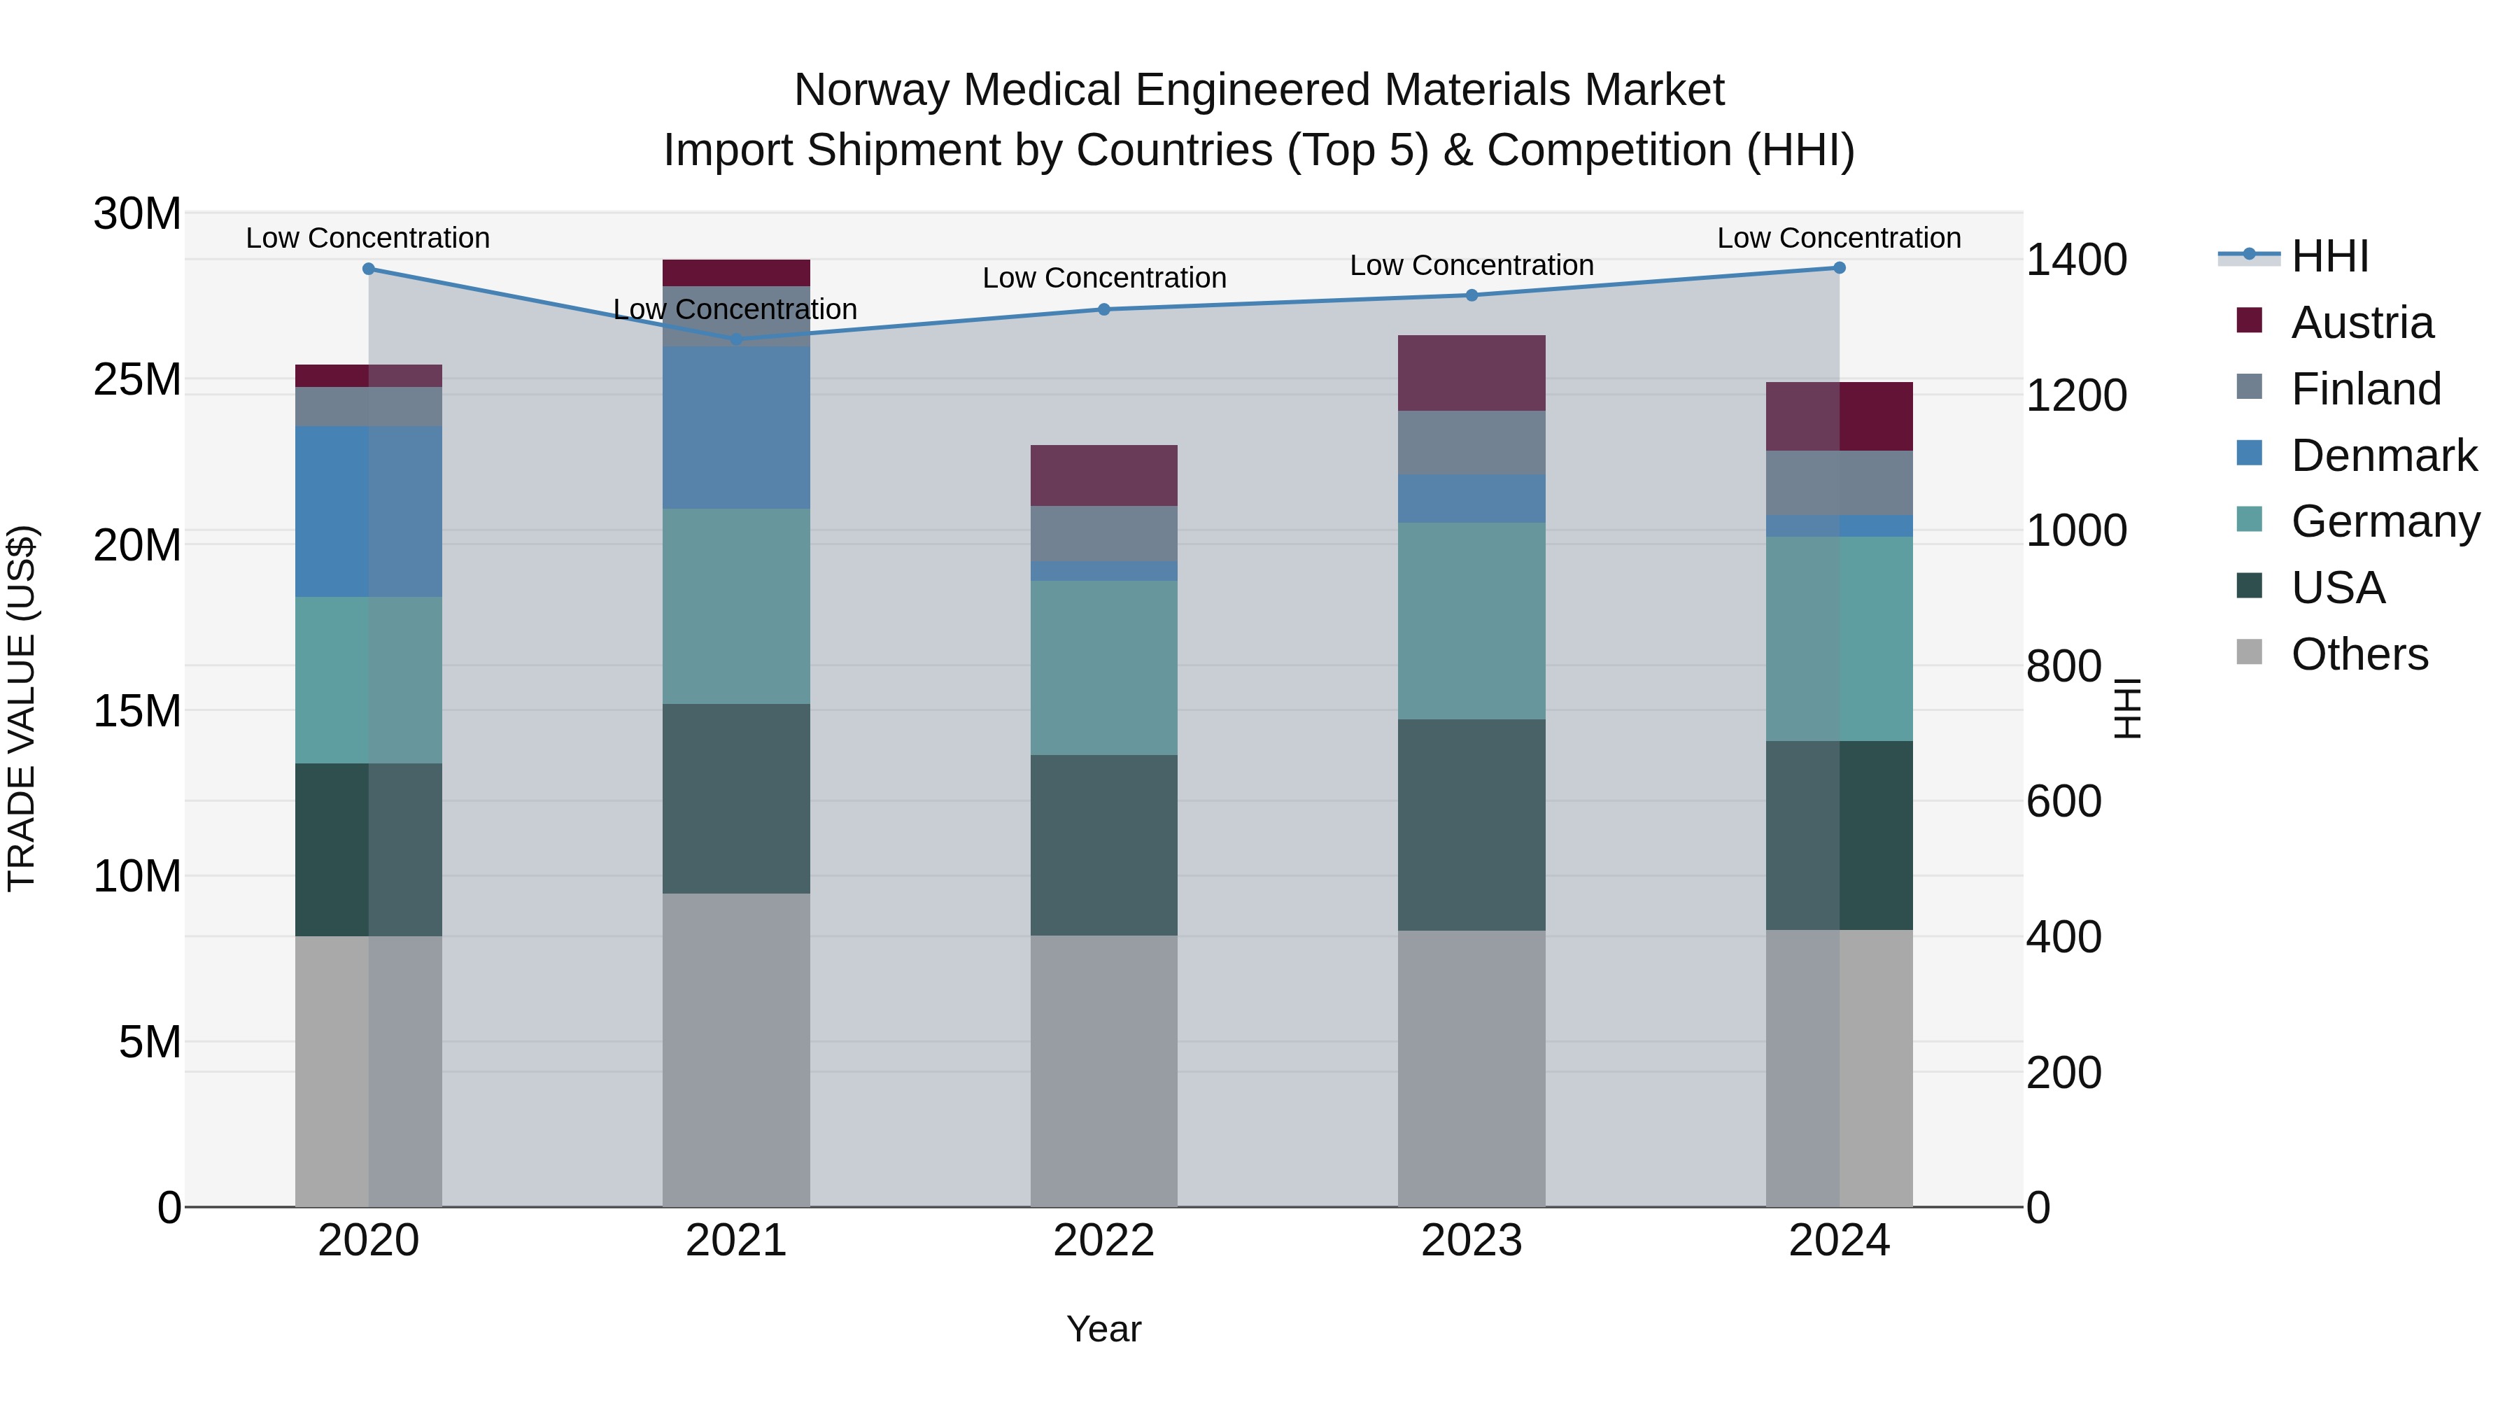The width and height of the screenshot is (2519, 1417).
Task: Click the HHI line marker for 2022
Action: [1104, 309]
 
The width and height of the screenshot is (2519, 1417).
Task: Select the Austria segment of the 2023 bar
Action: [1471, 372]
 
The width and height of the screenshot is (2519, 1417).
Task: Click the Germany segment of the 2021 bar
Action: [735, 605]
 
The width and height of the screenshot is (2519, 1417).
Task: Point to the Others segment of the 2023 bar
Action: [1471, 1068]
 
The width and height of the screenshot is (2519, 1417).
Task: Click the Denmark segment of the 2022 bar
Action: [1104, 571]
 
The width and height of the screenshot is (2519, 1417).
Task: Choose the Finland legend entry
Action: [2366, 389]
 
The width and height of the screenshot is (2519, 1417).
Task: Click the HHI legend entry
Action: [2329, 256]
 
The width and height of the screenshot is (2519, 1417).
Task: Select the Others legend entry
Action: [2359, 654]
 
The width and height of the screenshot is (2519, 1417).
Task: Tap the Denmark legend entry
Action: [2383, 456]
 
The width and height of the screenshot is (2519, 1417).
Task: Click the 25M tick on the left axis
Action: [137, 379]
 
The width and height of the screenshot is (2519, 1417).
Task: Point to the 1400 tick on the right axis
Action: [2075, 260]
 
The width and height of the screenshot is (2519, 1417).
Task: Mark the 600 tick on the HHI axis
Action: [2063, 802]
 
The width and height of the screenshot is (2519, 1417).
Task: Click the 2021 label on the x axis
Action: [735, 1241]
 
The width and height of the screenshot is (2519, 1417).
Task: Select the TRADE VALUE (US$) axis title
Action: [22, 708]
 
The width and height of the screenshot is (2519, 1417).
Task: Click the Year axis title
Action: [1104, 1329]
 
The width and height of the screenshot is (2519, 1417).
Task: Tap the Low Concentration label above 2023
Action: [1471, 265]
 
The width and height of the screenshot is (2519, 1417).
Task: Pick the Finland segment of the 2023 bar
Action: [1471, 442]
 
